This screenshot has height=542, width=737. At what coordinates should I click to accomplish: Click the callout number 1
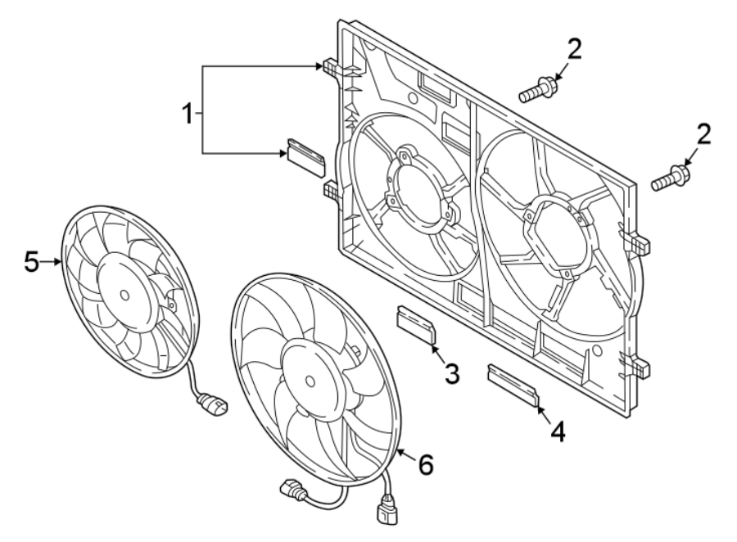click(188, 113)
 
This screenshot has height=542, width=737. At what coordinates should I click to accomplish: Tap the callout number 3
click(452, 373)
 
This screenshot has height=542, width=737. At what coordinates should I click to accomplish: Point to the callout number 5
click(31, 262)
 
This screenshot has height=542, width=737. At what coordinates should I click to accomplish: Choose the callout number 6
click(425, 465)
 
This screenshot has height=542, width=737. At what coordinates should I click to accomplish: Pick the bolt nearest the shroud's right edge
click(670, 178)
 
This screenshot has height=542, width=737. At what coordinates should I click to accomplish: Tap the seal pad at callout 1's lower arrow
click(305, 154)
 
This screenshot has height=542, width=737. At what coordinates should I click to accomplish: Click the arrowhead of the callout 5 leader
click(61, 262)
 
